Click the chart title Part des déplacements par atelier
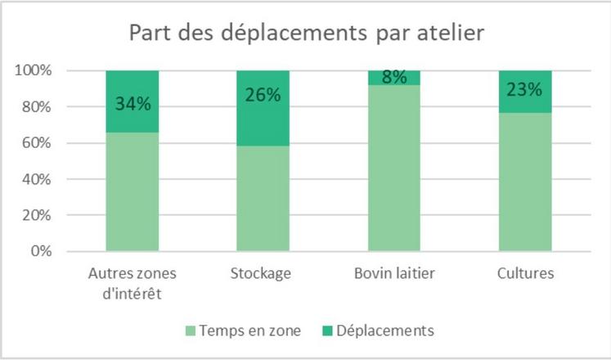pos(305,35)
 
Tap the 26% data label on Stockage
pos(263,94)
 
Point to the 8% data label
pos(393,77)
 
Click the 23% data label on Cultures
pos(524,89)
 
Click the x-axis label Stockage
pos(263,273)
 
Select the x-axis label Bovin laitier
pos(393,273)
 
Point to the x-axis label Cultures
pos(524,273)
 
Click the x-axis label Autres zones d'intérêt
pos(132,281)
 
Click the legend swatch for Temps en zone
pos(191,331)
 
